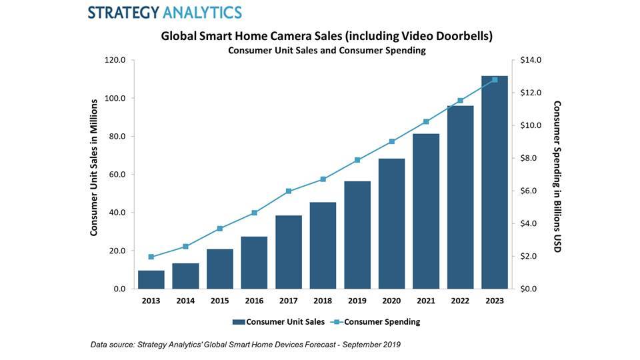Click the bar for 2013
(x=151, y=279)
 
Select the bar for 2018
(x=323, y=245)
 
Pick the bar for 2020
(x=391, y=223)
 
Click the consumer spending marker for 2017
(x=289, y=191)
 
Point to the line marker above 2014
(x=186, y=247)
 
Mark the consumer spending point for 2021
(x=426, y=122)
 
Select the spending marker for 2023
(x=495, y=80)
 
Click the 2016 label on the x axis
(x=254, y=301)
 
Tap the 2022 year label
(x=460, y=301)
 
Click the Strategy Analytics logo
(x=165, y=12)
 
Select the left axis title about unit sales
(x=94, y=167)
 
